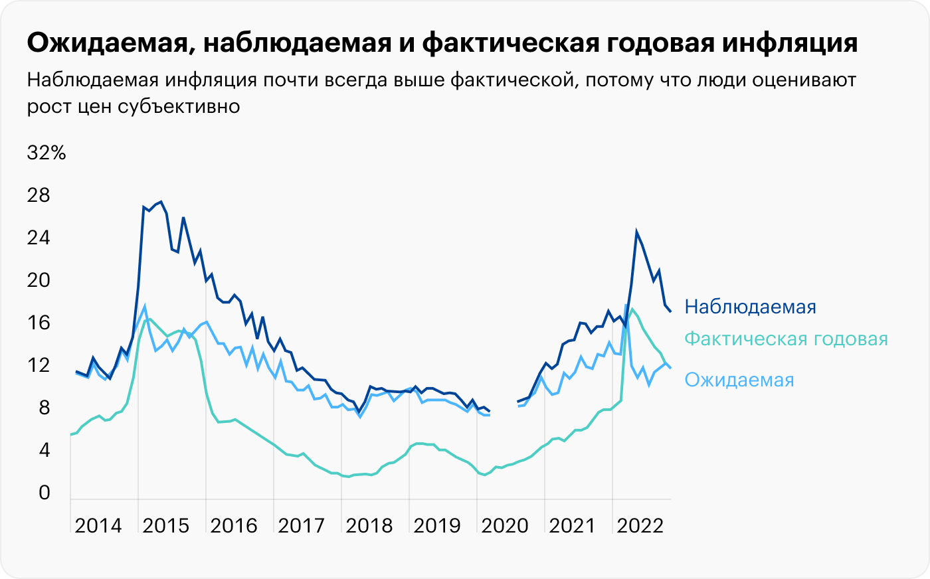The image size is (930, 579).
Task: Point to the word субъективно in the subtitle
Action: (x=179, y=106)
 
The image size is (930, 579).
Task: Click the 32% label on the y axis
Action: (x=46, y=153)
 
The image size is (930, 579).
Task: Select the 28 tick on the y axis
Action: (x=39, y=195)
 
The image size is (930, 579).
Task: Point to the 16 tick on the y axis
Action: (x=39, y=323)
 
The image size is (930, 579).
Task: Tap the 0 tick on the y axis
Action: (x=45, y=493)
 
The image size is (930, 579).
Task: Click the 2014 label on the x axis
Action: (x=98, y=526)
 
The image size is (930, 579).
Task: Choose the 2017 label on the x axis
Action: (x=301, y=526)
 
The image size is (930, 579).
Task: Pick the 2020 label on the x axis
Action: (x=504, y=526)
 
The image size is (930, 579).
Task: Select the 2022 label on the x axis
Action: (x=640, y=526)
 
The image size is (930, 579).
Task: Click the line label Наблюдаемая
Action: (x=750, y=307)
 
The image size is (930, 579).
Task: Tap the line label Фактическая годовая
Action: (x=786, y=339)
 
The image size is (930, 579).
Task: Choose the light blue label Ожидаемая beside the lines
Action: (x=739, y=380)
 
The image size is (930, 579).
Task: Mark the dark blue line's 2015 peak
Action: (x=161, y=201)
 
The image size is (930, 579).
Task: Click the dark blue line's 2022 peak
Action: (x=636, y=232)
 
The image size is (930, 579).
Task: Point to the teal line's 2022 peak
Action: (x=631, y=309)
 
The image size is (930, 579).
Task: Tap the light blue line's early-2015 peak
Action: (x=144, y=307)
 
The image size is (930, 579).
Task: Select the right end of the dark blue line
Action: (x=670, y=311)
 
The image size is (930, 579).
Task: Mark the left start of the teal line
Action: (x=70, y=434)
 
